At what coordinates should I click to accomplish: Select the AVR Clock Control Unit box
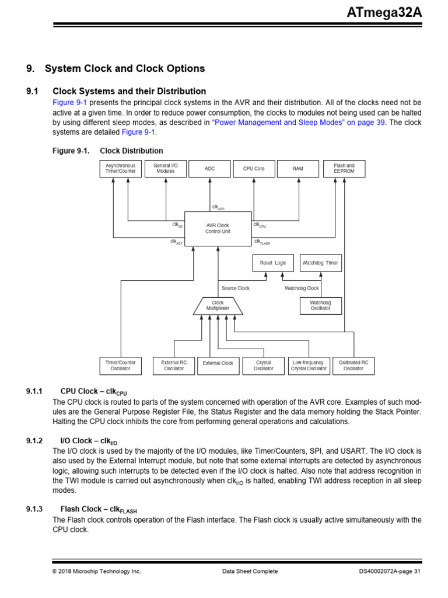coord(218,228)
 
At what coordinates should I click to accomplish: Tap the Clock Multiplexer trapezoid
coord(218,306)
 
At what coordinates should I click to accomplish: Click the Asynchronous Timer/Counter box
coord(120,168)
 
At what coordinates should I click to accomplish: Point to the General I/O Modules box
coord(166,168)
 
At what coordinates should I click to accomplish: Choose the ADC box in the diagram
coord(209,168)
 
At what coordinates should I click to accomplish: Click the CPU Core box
coord(254,168)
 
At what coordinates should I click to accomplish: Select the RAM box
coord(298,168)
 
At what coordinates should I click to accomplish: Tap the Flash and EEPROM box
coord(344,168)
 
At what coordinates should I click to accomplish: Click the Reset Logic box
coord(273,263)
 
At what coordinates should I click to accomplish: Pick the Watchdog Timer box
coord(320,263)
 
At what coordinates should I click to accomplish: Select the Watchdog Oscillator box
coord(320,306)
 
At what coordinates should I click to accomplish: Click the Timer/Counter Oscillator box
coord(121,366)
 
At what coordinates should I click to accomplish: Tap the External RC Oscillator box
coord(174,366)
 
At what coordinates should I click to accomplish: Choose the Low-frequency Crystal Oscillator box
coord(309,366)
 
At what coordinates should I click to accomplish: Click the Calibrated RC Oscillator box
coord(353,366)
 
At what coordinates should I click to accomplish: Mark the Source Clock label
coord(236,288)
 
